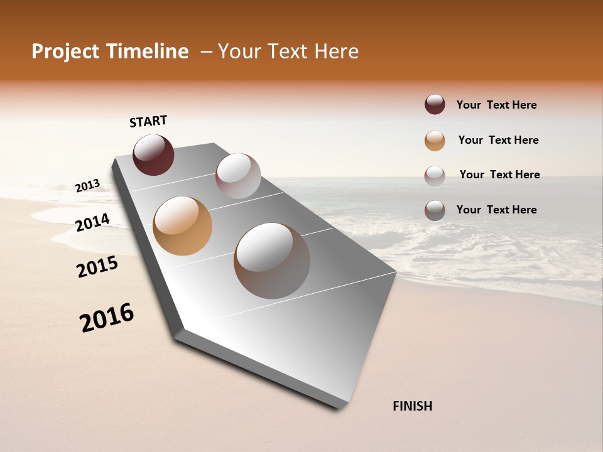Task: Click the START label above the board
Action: click(148, 121)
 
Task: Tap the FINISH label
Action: click(412, 406)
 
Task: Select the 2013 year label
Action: click(87, 186)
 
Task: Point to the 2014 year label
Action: click(92, 223)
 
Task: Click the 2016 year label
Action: click(107, 318)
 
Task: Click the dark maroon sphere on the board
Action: click(153, 155)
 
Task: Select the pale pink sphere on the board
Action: click(238, 176)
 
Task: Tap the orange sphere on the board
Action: click(182, 226)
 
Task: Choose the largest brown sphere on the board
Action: click(272, 261)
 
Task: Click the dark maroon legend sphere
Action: click(435, 104)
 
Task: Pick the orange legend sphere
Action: click(435, 141)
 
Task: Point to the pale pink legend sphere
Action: click(435, 176)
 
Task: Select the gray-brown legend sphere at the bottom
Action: click(435, 210)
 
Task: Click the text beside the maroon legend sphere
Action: click(496, 105)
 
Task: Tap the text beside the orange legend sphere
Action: click(498, 140)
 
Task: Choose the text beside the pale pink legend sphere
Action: click(499, 175)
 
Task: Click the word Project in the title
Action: click(65, 51)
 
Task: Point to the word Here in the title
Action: click(336, 51)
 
